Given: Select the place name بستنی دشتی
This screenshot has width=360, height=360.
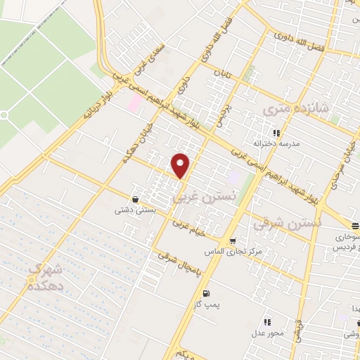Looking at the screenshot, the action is [134, 209].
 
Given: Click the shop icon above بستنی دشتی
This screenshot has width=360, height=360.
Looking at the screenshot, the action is [134, 198].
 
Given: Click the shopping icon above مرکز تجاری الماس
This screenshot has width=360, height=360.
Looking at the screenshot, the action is [233, 239].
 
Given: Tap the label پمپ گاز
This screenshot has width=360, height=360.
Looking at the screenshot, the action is [206, 304].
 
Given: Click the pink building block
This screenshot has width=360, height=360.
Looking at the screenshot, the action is [134, 103].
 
